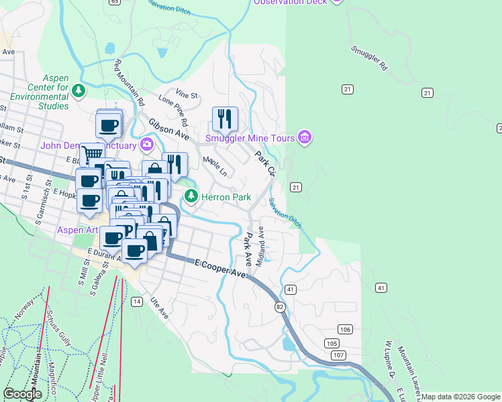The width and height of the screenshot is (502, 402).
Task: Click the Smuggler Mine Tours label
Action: click(250, 139)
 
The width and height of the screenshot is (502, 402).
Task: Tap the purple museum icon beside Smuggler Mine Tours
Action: click(305, 138)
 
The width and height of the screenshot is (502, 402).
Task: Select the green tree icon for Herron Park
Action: click(191, 196)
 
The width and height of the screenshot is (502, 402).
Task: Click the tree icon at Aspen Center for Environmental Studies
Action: click(79, 90)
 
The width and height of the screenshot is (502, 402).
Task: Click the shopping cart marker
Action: click(91, 155)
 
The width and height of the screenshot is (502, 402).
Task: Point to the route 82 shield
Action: click(279, 306)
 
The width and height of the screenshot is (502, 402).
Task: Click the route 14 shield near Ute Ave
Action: click(137, 302)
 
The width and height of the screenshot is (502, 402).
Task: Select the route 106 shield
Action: click(346, 329)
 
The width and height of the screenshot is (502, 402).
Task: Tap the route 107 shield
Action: click(338, 354)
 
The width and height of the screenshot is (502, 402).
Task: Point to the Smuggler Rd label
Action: click(369, 58)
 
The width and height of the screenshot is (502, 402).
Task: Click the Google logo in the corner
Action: click(23, 394)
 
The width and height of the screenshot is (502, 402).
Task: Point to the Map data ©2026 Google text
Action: click(460, 397)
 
